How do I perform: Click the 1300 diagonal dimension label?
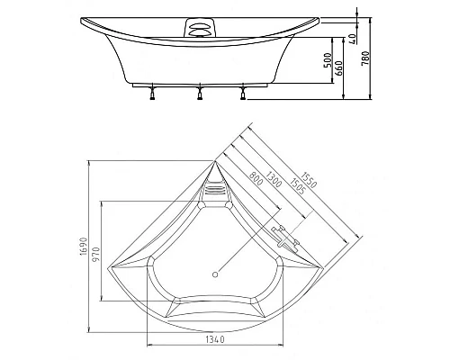tap(272, 177)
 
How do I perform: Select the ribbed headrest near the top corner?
tap(215, 190)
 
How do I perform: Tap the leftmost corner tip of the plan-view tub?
tap(105, 267)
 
